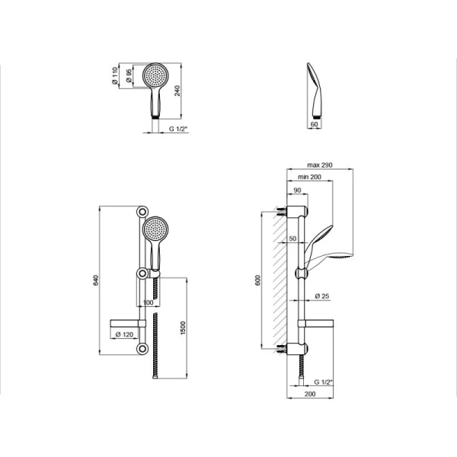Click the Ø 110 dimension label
pyautogui.click(x=115, y=75)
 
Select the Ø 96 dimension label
pyautogui.click(x=129, y=75)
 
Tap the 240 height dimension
pyautogui.click(x=177, y=91)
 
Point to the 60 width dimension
pyautogui.click(x=314, y=124)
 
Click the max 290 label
pyautogui.click(x=320, y=165)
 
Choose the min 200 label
pyautogui.click(x=309, y=177)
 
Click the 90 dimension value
pyautogui.click(x=297, y=190)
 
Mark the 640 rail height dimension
pyautogui.click(x=96, y=280)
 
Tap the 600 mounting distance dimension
pyautogui.click(x=257, y=280)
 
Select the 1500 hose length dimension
pyautogui.click(x=183, y=328)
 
